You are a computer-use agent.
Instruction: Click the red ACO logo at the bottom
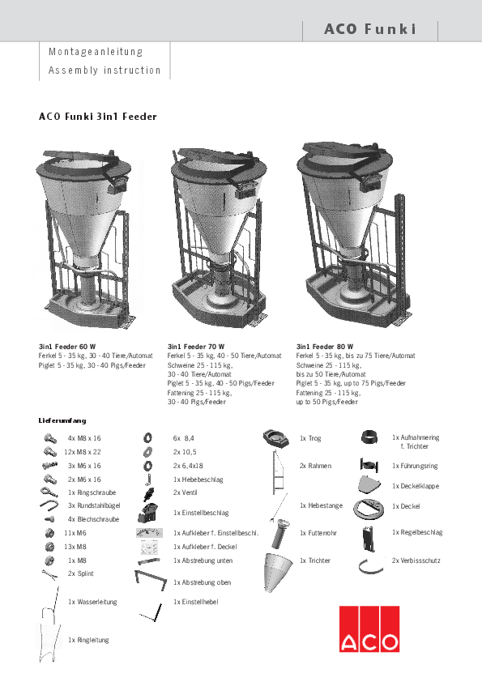[369, 630]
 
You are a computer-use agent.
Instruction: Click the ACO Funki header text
[369, 30]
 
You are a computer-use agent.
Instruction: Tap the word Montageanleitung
[96, 51]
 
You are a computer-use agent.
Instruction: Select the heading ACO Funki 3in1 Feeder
[98, 117]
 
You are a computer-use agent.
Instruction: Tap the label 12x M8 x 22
[83, 451]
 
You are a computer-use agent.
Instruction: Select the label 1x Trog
[310, 438]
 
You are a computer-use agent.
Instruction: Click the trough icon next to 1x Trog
[277, 439]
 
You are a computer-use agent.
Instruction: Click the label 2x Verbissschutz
[417, 561]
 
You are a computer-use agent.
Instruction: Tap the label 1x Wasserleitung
[92, 602]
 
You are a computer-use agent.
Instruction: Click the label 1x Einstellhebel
[195, 602]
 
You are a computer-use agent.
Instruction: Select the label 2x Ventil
[186, 492]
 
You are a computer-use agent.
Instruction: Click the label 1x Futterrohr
[317, 533]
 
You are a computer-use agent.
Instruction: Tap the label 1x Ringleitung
[88, 640]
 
